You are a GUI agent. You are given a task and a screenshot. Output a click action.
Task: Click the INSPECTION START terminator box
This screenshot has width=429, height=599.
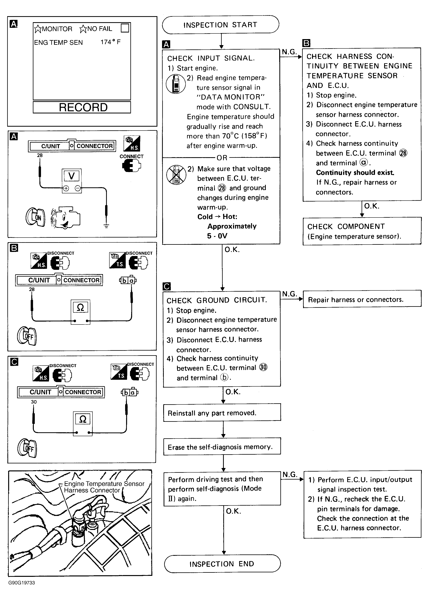220,25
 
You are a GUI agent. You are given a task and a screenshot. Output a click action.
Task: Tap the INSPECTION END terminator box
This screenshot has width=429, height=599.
222,564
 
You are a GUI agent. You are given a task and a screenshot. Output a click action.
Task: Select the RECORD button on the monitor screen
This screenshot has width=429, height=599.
82,107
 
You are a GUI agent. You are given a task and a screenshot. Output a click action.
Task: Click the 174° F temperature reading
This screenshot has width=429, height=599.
110,42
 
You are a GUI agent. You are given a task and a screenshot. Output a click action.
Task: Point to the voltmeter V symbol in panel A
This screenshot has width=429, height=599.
71,176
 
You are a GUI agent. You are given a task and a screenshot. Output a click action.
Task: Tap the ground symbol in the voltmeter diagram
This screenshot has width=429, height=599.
106,226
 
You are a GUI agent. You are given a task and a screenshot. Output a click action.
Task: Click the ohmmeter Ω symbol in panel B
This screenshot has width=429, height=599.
80,307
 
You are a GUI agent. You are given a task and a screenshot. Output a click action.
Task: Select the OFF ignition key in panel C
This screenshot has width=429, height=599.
27,448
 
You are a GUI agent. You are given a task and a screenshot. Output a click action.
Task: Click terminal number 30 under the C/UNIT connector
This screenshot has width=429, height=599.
34,402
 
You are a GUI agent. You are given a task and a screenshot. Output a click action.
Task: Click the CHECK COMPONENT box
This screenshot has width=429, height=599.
362,231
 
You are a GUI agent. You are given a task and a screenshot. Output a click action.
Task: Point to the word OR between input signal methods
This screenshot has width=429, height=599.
222,158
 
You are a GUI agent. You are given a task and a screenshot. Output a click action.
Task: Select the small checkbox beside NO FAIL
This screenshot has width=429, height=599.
125,28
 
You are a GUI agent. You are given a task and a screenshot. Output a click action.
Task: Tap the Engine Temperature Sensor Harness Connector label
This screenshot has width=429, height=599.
104,487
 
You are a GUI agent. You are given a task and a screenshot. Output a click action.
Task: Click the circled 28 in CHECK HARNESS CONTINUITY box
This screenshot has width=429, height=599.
403,153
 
